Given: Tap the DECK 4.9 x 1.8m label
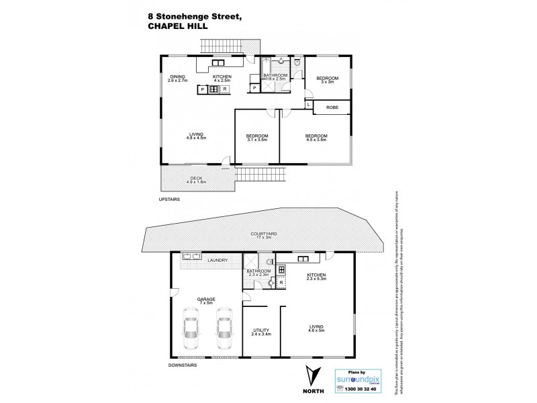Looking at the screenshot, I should click(x=197, y=179).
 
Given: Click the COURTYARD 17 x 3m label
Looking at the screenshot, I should click(x=261, y=236).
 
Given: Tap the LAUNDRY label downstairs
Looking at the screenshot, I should click(x=218, y=261).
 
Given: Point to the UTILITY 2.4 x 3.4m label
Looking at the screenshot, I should click(x=261, y=331).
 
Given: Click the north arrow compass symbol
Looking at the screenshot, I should click(x=311, y=376).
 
